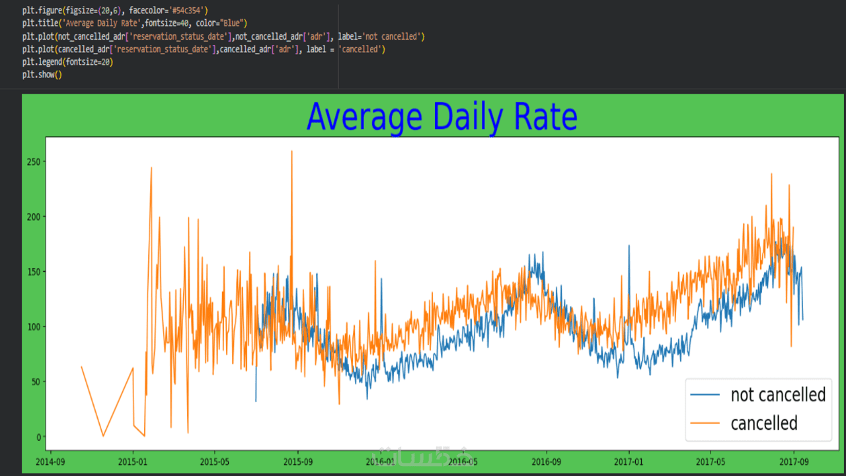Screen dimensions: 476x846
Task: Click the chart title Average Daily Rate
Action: click(442, 117)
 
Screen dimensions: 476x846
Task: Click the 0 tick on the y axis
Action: click(38, 437)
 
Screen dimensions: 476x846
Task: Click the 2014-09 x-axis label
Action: click(50, 461)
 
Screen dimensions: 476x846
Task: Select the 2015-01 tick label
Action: click(133, 461)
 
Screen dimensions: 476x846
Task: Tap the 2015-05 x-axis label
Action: click(215, 461)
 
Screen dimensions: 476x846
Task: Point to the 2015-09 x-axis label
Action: click(297, 461)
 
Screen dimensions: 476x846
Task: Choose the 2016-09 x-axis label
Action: click(546, 461)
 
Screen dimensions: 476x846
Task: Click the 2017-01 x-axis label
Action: click(629, 461)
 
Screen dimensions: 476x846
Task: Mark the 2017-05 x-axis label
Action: click(711, 461)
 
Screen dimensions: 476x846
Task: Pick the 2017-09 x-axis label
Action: click(794, 461)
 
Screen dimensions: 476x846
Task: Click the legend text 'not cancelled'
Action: click(778, 395)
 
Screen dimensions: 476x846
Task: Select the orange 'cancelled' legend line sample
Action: click(705, 423)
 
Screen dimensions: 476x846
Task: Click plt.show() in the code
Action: click(42, 75)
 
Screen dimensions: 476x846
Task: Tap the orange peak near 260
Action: click(291, 151)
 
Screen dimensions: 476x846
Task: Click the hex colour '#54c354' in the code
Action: click(189, 10)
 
